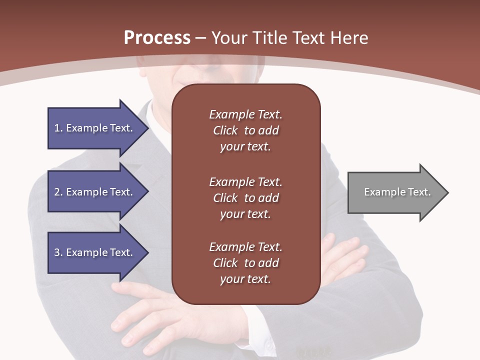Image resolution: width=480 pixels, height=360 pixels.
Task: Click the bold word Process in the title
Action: click(157, 38)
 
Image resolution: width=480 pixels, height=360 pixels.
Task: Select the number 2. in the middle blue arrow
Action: click(58, 192)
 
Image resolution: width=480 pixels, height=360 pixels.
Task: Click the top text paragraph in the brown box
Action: click(245, 130)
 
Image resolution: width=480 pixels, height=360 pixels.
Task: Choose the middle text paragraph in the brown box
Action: click(245, 198)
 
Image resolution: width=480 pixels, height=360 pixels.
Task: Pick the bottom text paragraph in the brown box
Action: click(245, 263)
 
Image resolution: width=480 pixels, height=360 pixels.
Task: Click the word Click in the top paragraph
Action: click(225, 130)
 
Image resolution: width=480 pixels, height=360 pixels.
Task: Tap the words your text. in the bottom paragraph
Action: click(245, 279)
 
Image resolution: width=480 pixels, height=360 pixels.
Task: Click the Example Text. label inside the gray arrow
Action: click(397, 192)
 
